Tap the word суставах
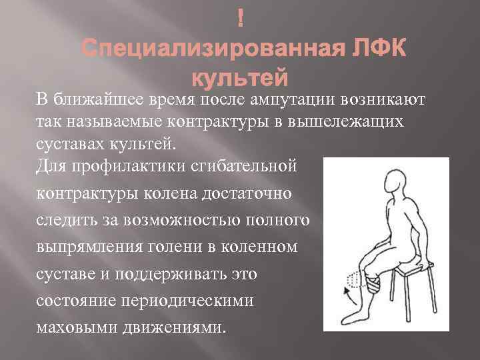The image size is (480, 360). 67,144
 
